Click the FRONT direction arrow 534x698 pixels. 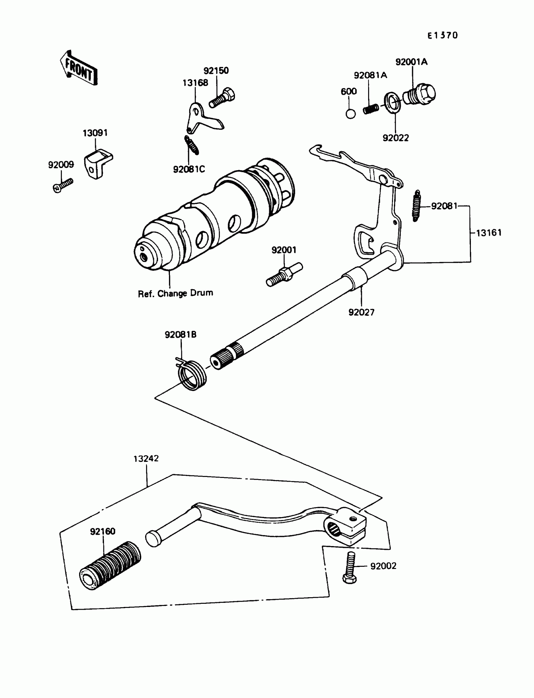(x=79, y=68)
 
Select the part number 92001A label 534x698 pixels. (x=411, y=62)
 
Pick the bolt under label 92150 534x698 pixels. (x=222, y=98)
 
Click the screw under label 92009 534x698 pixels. (x=63, y=185)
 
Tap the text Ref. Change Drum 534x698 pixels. (x=175, y=293)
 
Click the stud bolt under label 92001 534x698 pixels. (x=284, y=274)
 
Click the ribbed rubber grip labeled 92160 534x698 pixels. (x=110, y=565)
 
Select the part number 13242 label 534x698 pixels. (x=146, y=458)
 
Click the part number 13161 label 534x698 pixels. (x=489, y=233)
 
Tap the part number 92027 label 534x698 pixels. (x=362, y=312)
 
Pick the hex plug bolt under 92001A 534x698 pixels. (x=419, y=93)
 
